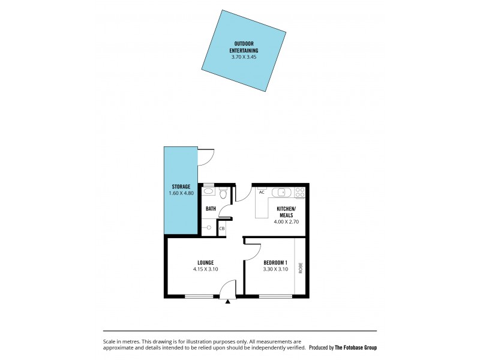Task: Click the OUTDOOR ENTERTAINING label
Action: [244, 47]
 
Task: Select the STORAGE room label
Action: [181, 187]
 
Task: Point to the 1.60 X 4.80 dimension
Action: [181, 193]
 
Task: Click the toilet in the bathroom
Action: [223, 193]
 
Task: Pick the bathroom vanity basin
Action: [208, 191]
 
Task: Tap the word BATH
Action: [211, 209]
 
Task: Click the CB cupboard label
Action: [221, 229]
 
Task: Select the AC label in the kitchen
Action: [262, 192]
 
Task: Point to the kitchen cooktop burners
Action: [300, 193]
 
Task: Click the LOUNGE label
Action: [205, 262]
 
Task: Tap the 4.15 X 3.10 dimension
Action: [205, 269]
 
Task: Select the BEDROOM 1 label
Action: [275, 262]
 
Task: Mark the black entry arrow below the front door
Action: [227, 301]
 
